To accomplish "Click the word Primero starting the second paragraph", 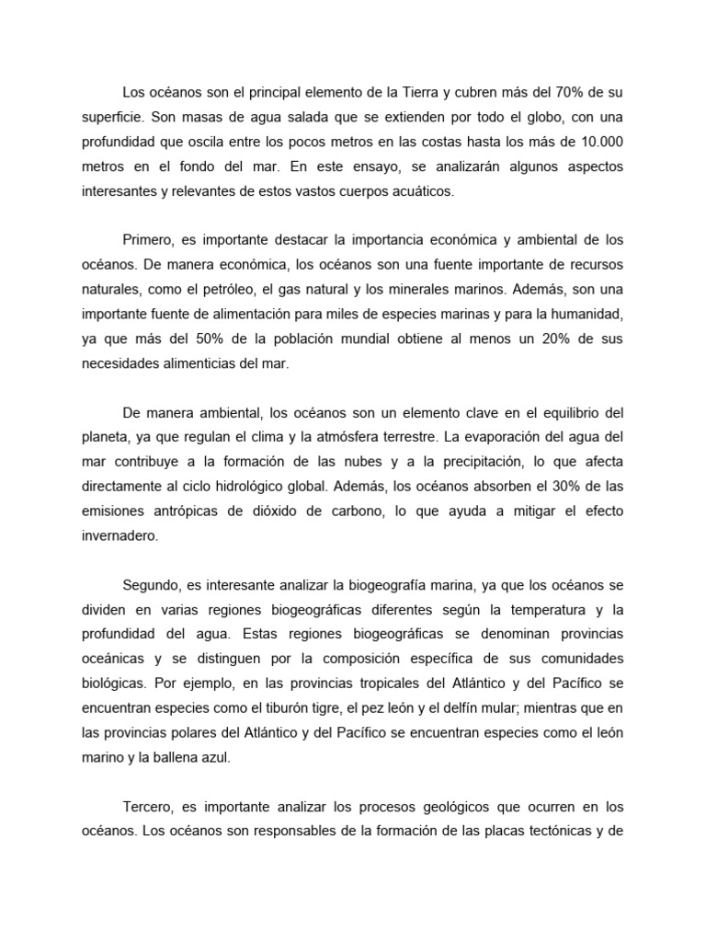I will [x=149, y=239].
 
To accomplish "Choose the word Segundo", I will [x=150, y=583].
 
